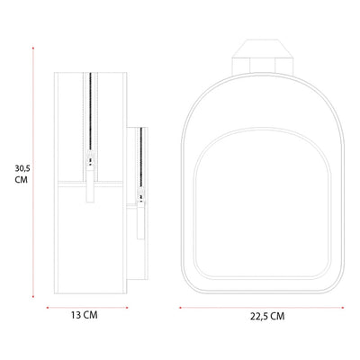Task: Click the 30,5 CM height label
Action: point(22,174)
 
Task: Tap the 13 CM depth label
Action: point(84,315)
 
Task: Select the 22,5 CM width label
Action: point(267,316)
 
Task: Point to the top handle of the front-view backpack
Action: point(262,57)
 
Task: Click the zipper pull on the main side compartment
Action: point(90,177)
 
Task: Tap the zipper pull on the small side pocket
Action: point(140,213)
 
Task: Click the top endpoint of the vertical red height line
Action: point(33,48)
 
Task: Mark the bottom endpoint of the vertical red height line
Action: point(33,297)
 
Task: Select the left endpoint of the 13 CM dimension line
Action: point(48,308)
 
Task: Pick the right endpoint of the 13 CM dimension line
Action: point(127,308)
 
